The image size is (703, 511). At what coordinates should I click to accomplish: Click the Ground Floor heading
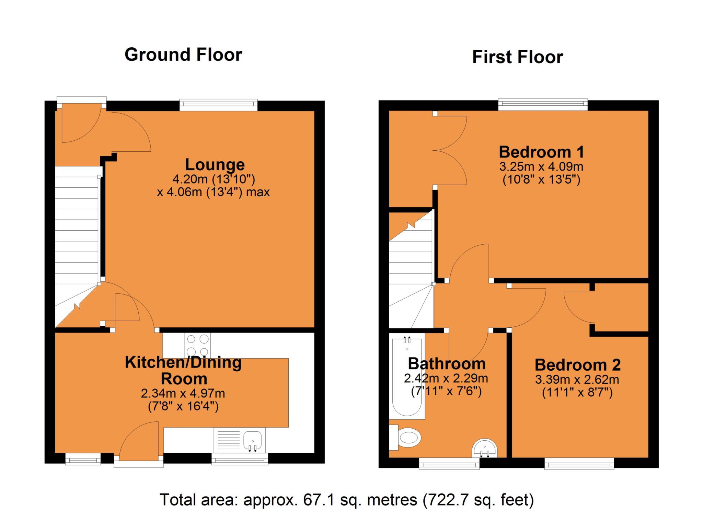click(183, 55)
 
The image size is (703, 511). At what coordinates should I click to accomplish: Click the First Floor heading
click(517, 57)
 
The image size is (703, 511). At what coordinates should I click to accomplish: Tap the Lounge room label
click(215, 165)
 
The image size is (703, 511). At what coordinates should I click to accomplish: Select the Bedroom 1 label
click(541, 152)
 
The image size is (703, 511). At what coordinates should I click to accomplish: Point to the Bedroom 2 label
click(577, 365)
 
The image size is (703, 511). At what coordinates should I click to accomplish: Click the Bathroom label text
click(447, 363)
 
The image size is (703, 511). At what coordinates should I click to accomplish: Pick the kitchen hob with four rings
click(198, 345)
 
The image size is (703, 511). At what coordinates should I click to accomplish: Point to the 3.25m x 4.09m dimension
click(541, 167)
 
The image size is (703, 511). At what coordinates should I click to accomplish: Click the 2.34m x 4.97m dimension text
click(183, 393)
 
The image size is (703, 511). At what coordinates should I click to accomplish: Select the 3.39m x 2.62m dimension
click(577, 380)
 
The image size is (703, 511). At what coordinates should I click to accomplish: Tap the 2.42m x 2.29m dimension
click(446, 378)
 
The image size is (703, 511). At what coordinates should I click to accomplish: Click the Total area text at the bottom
click(347, 500)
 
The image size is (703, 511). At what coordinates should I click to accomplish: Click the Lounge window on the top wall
click(219, 104)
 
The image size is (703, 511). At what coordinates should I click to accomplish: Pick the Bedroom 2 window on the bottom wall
click(579, 465)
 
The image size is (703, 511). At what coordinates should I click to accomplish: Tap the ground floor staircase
click(77, 233)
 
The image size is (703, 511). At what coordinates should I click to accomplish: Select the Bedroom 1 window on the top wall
click(543, 104)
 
